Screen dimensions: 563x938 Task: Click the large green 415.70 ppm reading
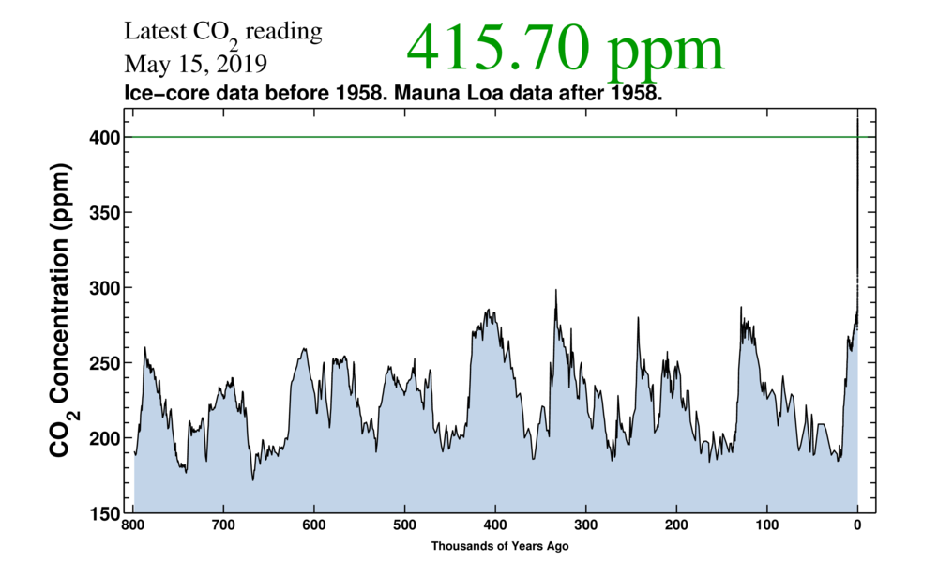(x=566, y=49)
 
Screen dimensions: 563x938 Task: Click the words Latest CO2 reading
(x=223, y=33)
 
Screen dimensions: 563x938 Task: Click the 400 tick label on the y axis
(x=105, y=137)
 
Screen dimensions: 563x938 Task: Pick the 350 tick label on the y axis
(x=105, y=212)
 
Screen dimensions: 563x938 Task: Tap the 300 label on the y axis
(x=105, y=287)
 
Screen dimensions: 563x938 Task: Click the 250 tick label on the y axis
(x=105, y=363)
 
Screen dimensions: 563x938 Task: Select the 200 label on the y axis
(x=105, y=438)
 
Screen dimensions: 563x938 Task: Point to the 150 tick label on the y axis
(x=105, y=513)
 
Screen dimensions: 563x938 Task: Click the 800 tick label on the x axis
(x=132, y=525)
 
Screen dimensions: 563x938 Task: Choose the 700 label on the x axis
(x=223, y=525)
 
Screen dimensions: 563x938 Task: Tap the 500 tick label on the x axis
(x=404, y=525)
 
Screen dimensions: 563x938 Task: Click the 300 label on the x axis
(x=585, y=525)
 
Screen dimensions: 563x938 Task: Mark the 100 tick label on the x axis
(x=767, y=525)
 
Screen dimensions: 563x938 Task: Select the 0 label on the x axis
(x=857, y=525)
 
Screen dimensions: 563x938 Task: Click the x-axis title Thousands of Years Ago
(x=500, y=545)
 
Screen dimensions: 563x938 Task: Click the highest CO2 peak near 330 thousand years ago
(x=556, y=291)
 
